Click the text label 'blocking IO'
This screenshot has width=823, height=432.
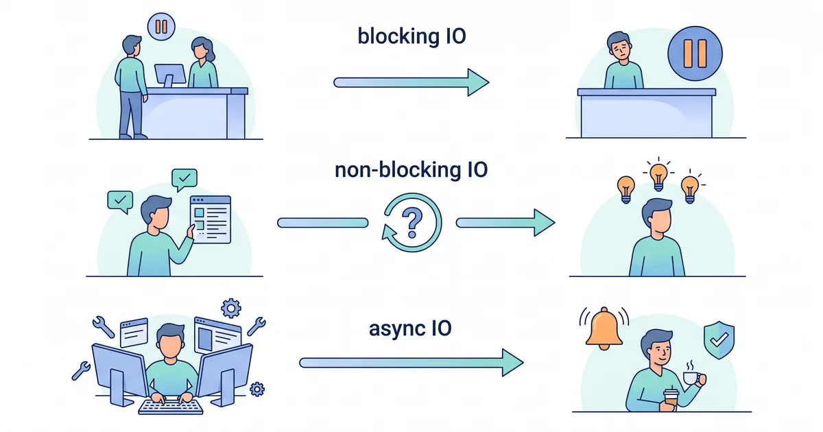click(x=411, y=36)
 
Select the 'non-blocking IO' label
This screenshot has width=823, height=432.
click(x=411, y=169)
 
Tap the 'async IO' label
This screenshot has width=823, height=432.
click(x=411, y=328)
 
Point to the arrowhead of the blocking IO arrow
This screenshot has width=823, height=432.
click(x=477, y=82)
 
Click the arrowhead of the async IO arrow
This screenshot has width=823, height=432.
click(x=511, y=362)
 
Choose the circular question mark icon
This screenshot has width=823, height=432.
click(x=411, y=222)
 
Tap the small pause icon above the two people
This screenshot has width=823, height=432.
click(x=162, y=27)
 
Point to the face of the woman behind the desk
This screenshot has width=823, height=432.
click(x=200, y=49)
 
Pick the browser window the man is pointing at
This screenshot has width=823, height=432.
click(x=210, y=218)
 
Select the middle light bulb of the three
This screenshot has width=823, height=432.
click(x=658, y=173)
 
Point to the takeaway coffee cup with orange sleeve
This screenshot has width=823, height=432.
click(x=669, y=400)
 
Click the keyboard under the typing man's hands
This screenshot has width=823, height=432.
click(x=171, y=406)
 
